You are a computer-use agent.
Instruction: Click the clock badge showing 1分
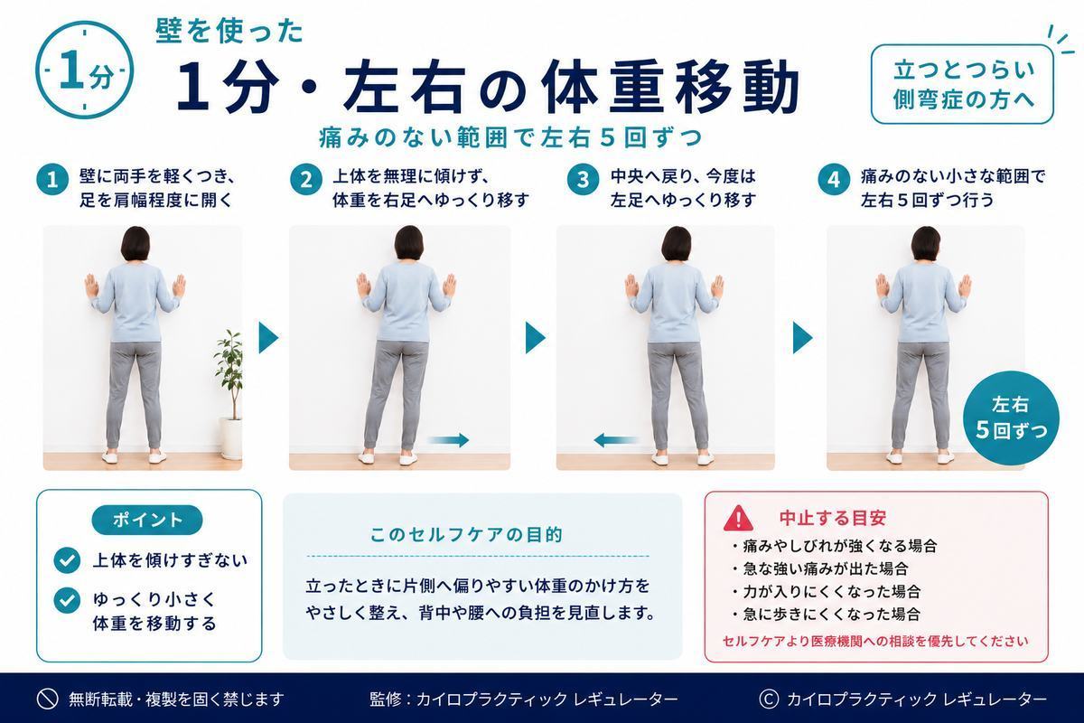pyautogui.click(x=85, y=70)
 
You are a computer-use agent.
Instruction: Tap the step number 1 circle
pyautogui.click(x=52, y=180)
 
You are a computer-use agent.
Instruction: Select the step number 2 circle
pyautogui.click(x=306, y=180)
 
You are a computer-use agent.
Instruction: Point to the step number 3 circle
pyautogui.click(x=583, y=180)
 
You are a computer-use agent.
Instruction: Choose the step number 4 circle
pyautogui.click(x=833, y=180)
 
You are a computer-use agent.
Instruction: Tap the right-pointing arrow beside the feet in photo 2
pyautogui.click(x=448, y=440)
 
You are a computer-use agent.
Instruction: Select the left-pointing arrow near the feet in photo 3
pyautogui.click(x=615, y=440)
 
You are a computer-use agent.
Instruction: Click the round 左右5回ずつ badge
pyautogui.click(x=1011, y=418)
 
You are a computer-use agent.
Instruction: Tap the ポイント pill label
pyautogui.click(x=147, y=520)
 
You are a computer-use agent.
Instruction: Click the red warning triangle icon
pyautogui.click(x=738, y=518)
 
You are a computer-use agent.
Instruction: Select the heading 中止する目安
pyautogui.click(x=832, y=518)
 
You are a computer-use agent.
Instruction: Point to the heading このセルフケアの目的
pyautogui.click(x=466, y=535)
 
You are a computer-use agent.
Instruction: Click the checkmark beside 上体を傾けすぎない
pyautogui.click(x=67, y=560)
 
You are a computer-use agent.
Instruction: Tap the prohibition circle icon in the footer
pyautogui.click(x=47, y=699)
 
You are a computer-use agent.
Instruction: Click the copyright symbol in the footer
pyautogui.click(x=769, y=699)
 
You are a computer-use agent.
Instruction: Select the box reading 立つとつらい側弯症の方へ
pyautogui.click(x=962, y=84)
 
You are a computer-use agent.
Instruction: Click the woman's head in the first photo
pyautogui.click(x=135, y=244)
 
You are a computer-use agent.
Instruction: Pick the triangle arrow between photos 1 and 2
pyautogui.click(x=268, y=337)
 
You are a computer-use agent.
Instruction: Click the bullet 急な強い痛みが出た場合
pyautogui.click(x=821, y=568)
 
